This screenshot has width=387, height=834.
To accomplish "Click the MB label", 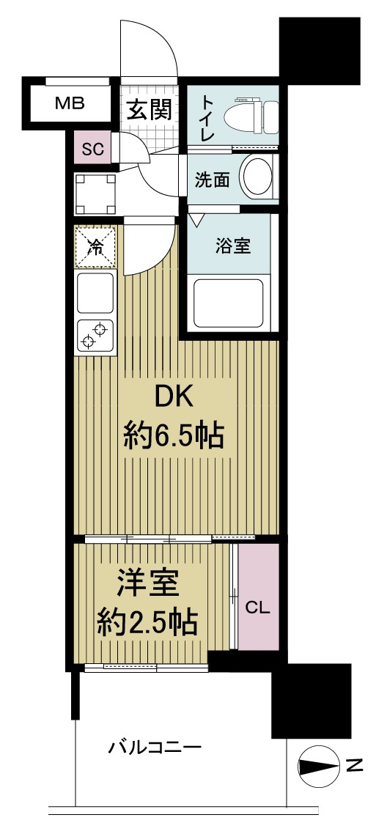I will pos(70,103).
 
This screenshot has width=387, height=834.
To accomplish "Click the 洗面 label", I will pos(212,180).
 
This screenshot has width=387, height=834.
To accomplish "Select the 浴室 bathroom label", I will pos(232,246).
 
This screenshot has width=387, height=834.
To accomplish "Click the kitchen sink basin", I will pos(95,293).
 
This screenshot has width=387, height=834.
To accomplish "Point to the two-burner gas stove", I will pos(95,334).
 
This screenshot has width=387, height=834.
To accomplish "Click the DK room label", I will pos(172,398).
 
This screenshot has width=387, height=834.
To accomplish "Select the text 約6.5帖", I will pos(172,438).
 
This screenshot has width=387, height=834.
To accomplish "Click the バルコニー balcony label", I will pos(155,748).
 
